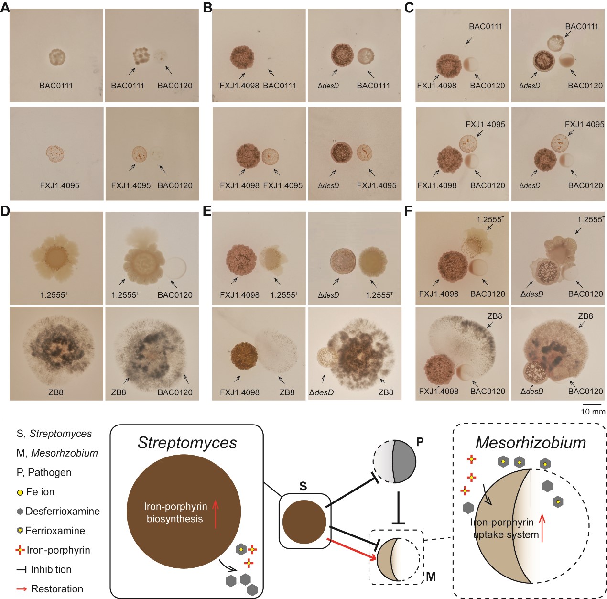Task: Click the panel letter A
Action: pyautogui.click(x=4, y=8)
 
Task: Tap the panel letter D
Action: pyautogui.click(x=5, y=211)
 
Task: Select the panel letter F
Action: pyautogui.click(x=408, y=211)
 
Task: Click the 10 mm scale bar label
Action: pyautogui.click(x=593, y=412)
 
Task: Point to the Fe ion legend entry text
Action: pyautogui.click(x=40, y=492)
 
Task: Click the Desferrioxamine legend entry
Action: pyautogui.click(x=62, y=511)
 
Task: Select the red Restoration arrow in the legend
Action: pyautogui.click(x=22, y=589)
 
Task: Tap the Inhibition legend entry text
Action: pyautogui.click(x=51, y=569)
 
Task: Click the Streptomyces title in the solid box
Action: pyautogui.click(x=187, y=443)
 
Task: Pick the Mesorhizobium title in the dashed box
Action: pyautogui.click(x=531, y=443)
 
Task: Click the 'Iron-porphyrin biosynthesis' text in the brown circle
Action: pyautogui.click(x=175, y=512)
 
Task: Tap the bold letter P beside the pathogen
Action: pyautogui.click(x=420, y=442)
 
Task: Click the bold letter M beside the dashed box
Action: pyautogui.click(x=431, y=577)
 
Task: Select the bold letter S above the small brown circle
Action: pyautogui.click(x=303, y=487)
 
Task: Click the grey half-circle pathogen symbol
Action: pyautogui.click(x=404, y=461)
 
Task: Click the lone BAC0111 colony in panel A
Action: pyautogui.click(x=57, y=58)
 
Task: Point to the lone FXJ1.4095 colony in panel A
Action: pyautogui.click(x=55, y=154)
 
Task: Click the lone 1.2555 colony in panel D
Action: pyautogui.click(x=54, y=258)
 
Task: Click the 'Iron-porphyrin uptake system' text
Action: pyautogui.click(x=506, y=528)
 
